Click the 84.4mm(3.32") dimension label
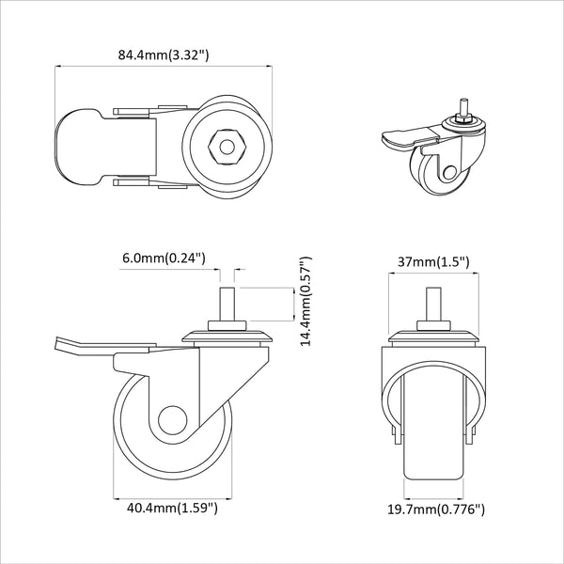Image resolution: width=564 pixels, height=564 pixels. click(x=164, y=55)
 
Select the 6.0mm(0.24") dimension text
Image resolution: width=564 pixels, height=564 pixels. click(x=164, y=258)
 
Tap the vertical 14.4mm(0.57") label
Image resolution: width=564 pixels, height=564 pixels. click(x=305, y=301)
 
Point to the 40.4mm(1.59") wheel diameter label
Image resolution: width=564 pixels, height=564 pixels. click(x=172, y=508)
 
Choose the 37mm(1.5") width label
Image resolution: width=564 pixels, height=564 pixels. click(x=433, y=262)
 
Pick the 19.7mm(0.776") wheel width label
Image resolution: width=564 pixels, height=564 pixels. click(x=436, y=509)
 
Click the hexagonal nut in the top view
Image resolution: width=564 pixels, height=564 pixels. click(x=227, y=148)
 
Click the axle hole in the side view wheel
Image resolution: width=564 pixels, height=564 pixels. click(x=173, y=421)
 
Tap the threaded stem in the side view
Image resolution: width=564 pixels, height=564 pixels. click(x=227, y=305)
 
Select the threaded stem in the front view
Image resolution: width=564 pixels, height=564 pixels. click(x=433, y=305)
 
